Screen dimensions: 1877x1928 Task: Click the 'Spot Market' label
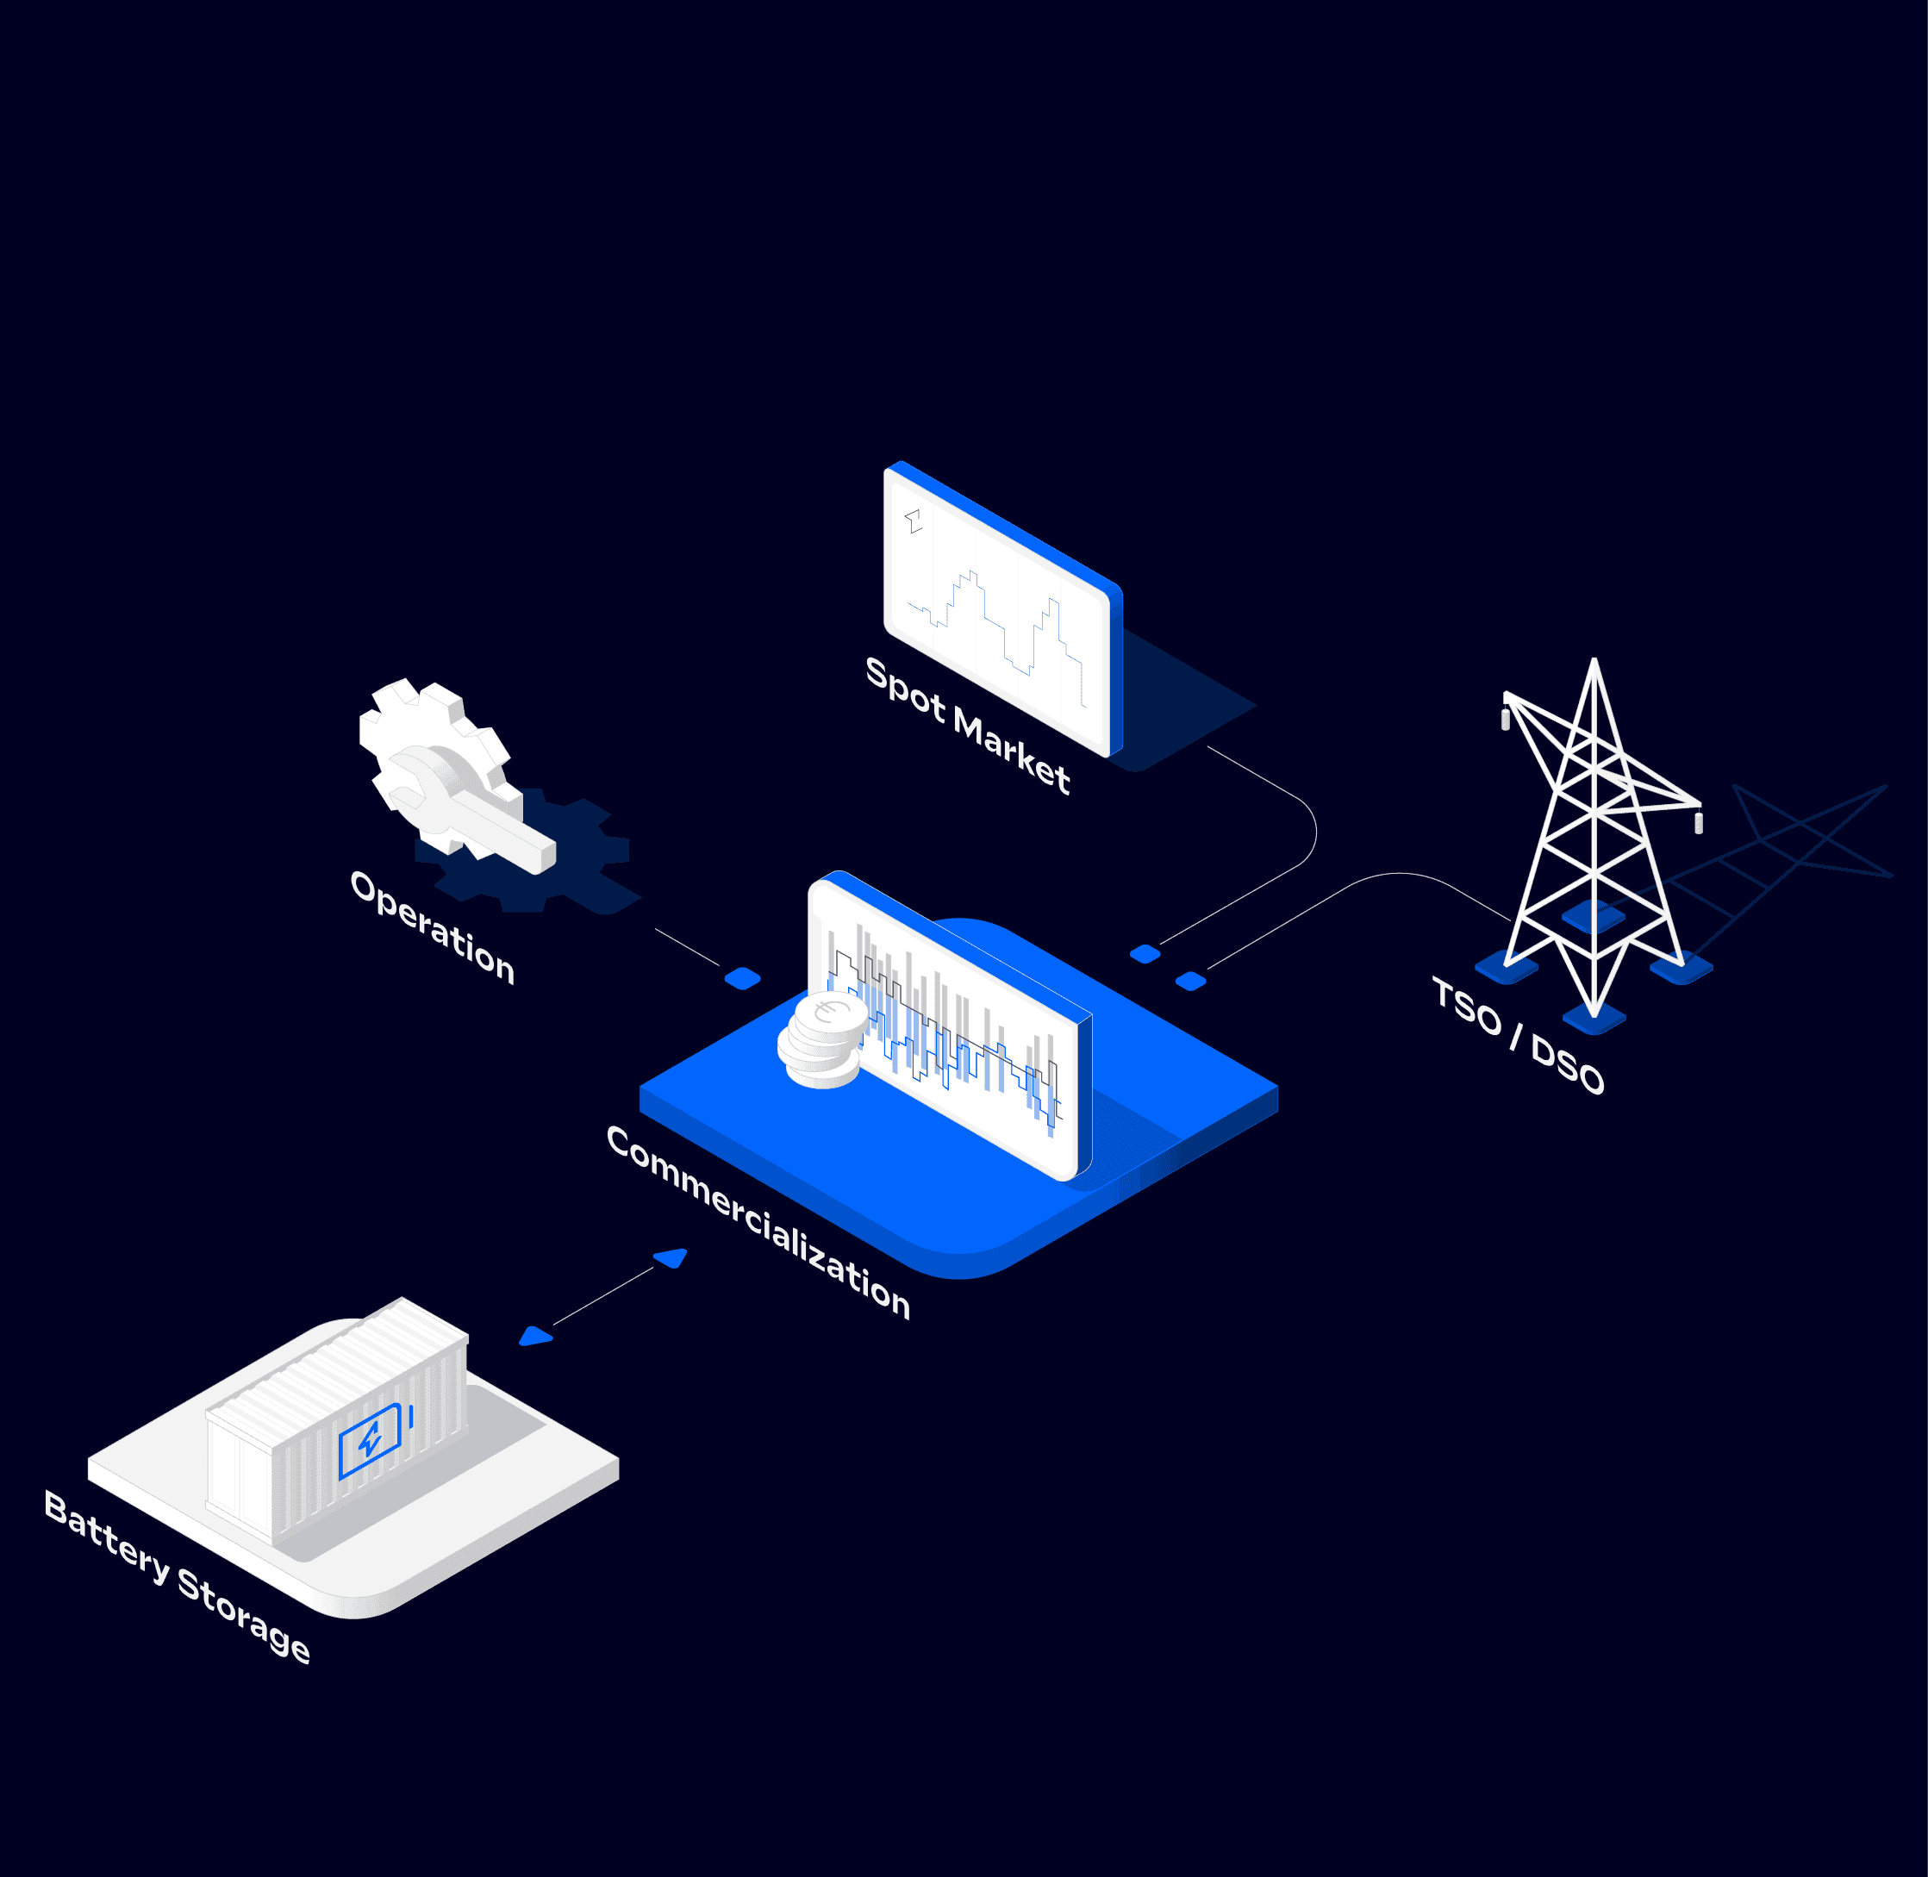point(967,725)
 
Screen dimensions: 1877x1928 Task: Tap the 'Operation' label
point(432,926)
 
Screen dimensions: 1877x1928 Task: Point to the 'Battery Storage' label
point(178,1576)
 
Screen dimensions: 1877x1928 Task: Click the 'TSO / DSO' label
point(1517,1035)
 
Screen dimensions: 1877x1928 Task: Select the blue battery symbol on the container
point(370,1440)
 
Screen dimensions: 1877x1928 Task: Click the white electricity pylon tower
point(1593,838)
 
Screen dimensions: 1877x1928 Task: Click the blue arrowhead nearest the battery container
point(534,1337)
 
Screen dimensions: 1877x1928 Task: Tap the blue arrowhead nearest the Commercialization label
point(671,1258)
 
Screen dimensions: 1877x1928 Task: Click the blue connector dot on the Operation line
point(742,978)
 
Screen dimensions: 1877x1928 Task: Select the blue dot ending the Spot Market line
point(1145,953)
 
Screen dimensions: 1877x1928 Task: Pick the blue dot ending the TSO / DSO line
point(1191,980)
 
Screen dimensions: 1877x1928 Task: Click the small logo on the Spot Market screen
point(914,521)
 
